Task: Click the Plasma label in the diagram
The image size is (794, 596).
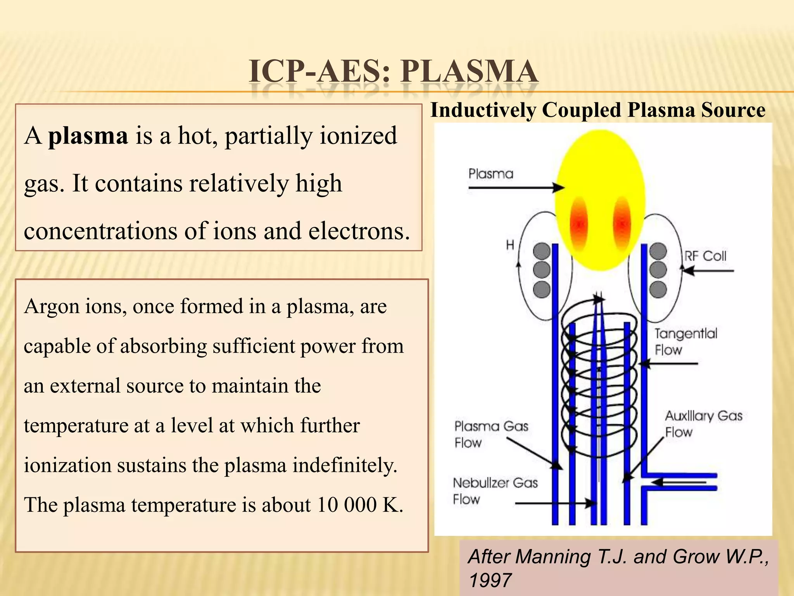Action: pyautogui.click(x=490, y=173)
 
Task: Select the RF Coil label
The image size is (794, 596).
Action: pyautogui.click(x=705, y=256)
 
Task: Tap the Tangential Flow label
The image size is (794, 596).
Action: pyautogui.click(x=685, y=341)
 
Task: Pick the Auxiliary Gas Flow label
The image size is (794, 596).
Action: pyautogui.click(x=703, y=424)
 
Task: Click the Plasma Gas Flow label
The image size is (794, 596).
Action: pyautogui.click(x=491, y=434)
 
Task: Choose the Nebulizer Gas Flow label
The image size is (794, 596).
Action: pyautogui.click(x=495, y=491)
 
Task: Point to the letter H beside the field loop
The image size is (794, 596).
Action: pyautogui.click(x=510, y=245)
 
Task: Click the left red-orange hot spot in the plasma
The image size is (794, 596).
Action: pyautogui.click(x=579, y=223)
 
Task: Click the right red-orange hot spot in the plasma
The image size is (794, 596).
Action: pyautogui.click(x=622, y=223)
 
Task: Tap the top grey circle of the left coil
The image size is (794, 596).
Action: pyautogui.click(x=542, y=251)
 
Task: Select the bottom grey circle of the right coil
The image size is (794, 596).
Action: pyautogui.click(x=658, y=289)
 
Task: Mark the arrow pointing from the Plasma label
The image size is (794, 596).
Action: pyautogui.click(x=516, y=188)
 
